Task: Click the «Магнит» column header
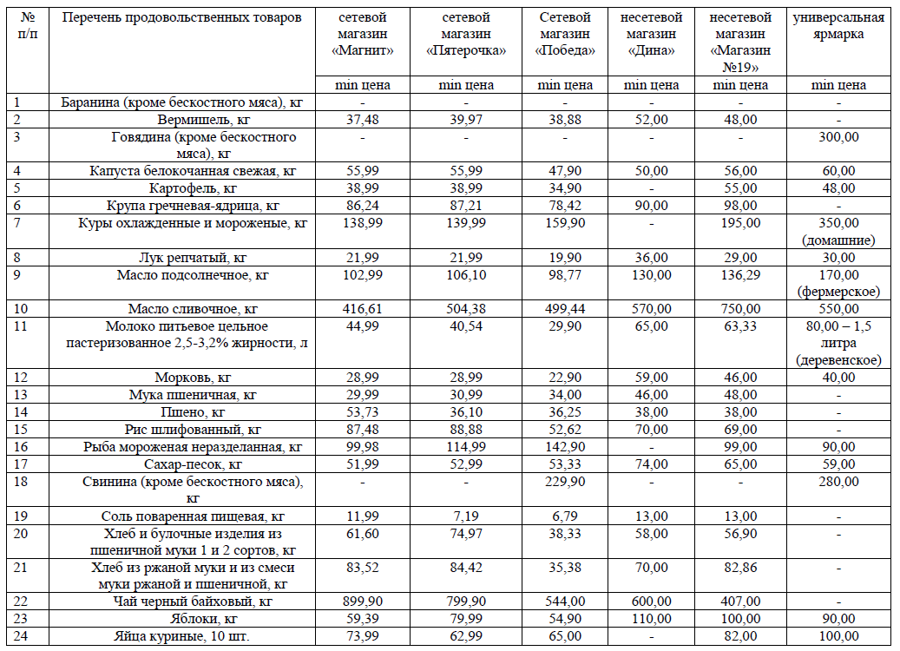pos(362,34)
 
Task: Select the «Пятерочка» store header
pos(465,34)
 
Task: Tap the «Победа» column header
pos(565,34)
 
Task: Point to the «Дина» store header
pos(651,34)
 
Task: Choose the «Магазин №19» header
pos(740,43)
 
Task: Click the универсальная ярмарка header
pos(838,26)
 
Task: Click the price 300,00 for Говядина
pos(838,137)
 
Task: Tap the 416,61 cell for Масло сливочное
pos(362,309)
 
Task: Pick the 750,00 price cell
pos(740,309)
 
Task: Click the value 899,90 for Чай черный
pos(362,602)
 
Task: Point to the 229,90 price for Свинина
pos(565,482)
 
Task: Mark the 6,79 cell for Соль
pos(565,516)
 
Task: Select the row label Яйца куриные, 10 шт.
pos(181,636)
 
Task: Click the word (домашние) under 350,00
pos(838,240)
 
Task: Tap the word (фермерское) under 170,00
pos(838,292)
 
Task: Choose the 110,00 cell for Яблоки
pos(651,619)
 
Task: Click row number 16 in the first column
pos(21,447)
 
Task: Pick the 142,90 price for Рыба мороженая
pos(565,447)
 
